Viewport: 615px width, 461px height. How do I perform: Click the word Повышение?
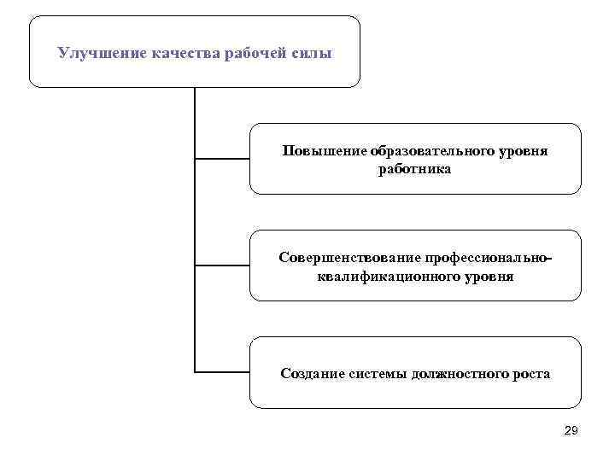click(324, 151)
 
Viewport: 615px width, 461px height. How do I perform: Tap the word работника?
click(415, 169)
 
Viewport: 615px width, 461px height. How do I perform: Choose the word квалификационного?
click(384, 277)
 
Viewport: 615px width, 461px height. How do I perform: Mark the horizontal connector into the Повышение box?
click(222, 159)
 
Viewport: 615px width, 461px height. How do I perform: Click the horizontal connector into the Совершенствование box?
click(222, 266)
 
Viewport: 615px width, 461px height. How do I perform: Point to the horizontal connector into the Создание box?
click(222, 372)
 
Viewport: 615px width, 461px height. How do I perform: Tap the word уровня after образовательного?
click(522, 151)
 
